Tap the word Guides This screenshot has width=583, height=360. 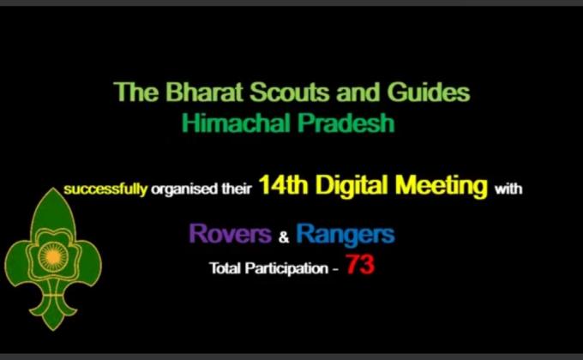[428, 93]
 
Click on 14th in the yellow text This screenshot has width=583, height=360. [284, 187]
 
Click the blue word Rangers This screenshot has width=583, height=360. [345, 233]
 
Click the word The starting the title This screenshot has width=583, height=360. [132, 93]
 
